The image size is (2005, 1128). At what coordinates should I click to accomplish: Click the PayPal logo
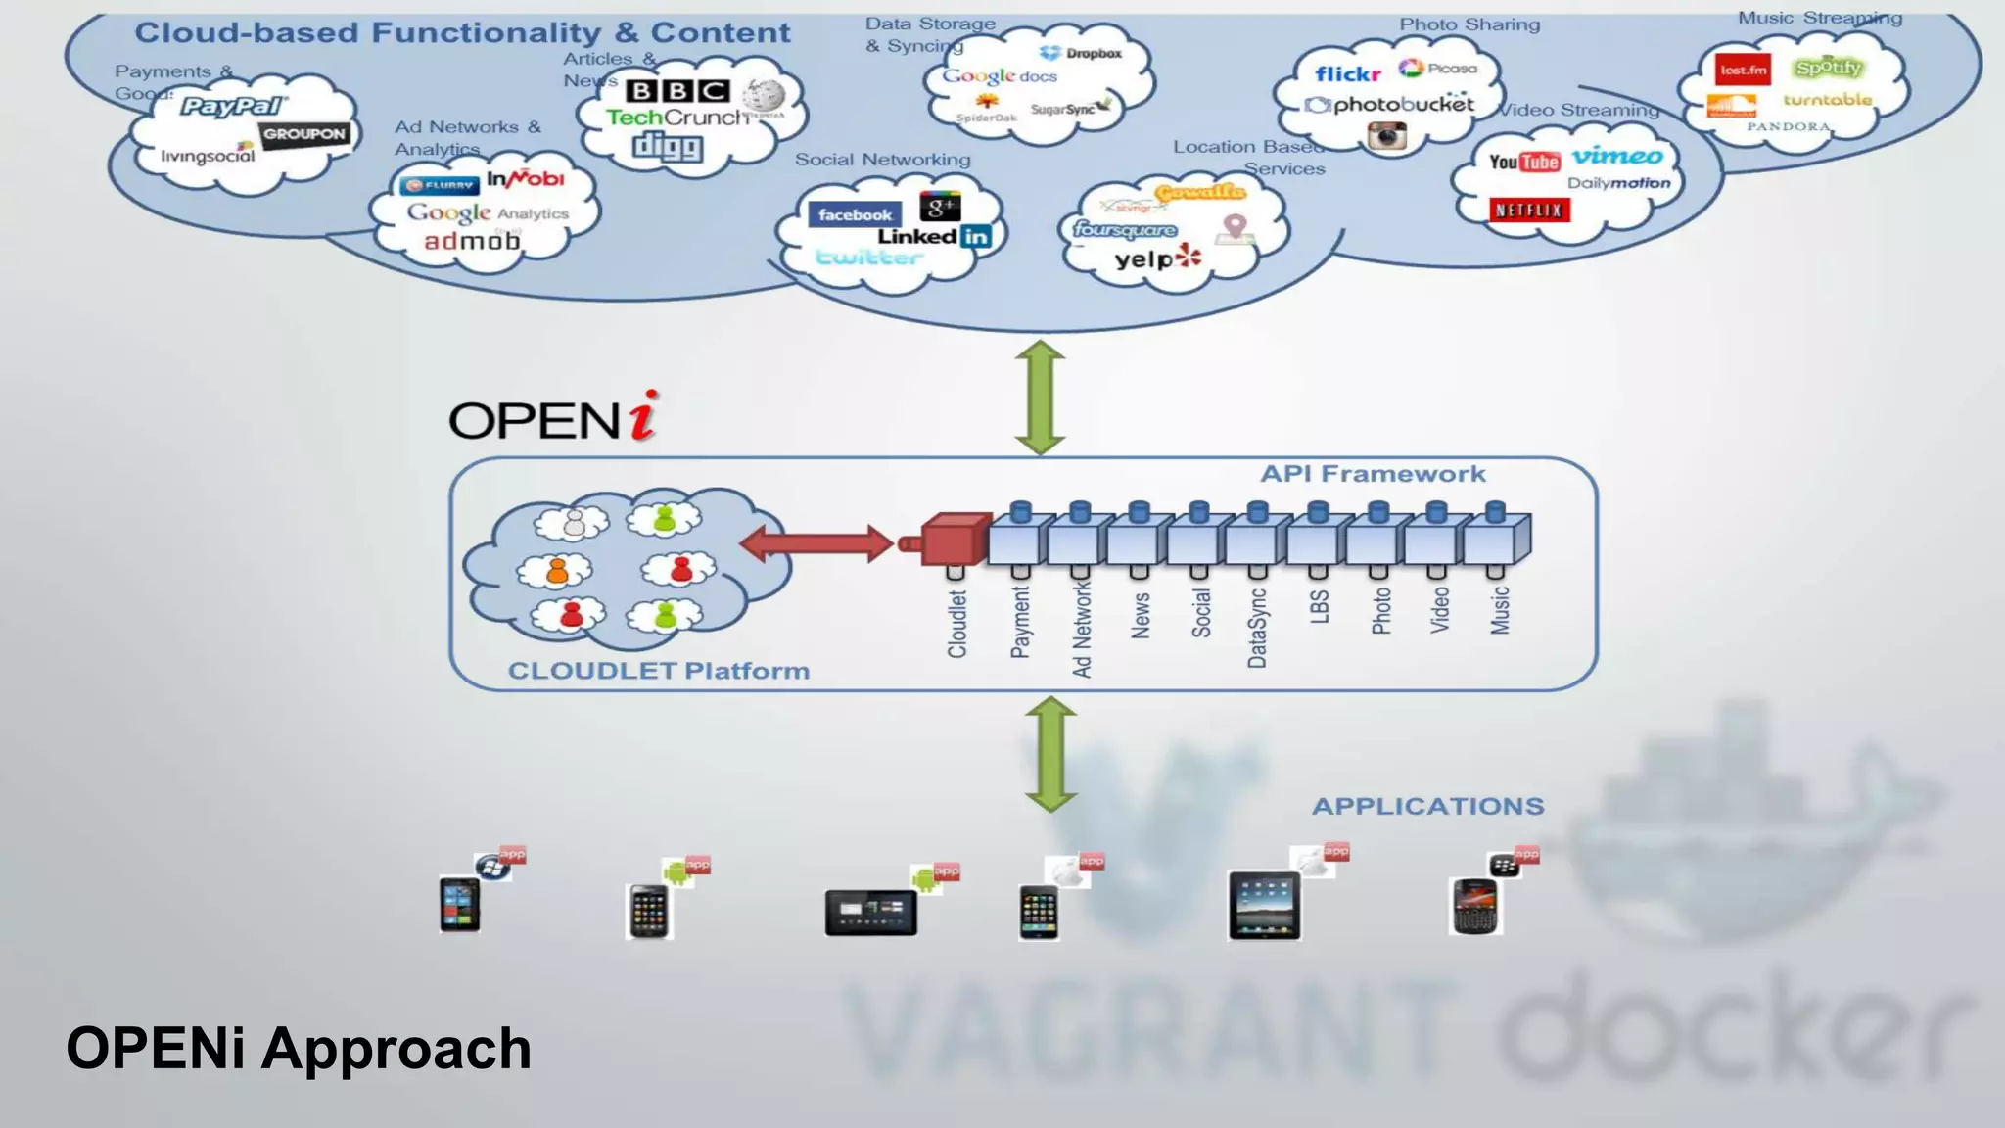click(x=232, y=106)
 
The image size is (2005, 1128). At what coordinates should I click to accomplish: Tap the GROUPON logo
click(x=304, y=134)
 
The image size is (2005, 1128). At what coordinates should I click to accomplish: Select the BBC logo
click(x=677, y=91)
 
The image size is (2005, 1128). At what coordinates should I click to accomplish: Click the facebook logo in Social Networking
click(x=855, y=214)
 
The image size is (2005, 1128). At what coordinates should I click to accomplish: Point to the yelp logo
click(x=1156, y=259)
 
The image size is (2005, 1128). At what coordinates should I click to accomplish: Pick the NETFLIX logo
click(x=1528, y=210)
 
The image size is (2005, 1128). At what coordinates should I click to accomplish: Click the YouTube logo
click(x=1523, y=162)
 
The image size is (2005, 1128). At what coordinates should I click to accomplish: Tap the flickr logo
click(x=1347, y=74)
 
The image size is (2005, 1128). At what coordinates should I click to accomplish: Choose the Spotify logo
click(x=1827, y=68)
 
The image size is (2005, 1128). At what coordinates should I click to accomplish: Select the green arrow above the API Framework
click(x=1040, y=397)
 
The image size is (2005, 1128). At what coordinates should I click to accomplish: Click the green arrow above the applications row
click(x=1050, y=754)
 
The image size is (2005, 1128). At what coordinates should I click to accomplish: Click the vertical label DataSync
click(x=1258, y=628)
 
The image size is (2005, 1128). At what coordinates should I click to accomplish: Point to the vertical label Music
click(x=1500, y=610)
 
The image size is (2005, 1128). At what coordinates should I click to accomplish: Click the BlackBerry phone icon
click(x=1475, y=907)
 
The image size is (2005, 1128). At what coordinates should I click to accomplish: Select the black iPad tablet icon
click(x=1264, y=906)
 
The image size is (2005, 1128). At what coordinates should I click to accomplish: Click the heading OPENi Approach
click(x=299, y=1049)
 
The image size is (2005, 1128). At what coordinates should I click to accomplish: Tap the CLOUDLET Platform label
click(x=658, y=671)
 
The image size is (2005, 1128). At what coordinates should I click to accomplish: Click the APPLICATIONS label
click(x=1427, y=806)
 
